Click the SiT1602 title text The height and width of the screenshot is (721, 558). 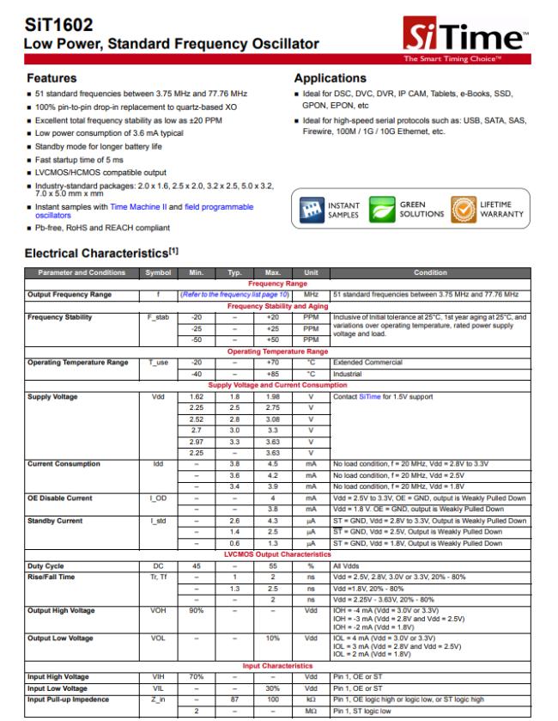tap(51, 25)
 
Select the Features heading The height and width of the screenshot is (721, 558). tap(52, 77)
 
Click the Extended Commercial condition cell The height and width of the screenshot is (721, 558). tap(365, 364)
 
